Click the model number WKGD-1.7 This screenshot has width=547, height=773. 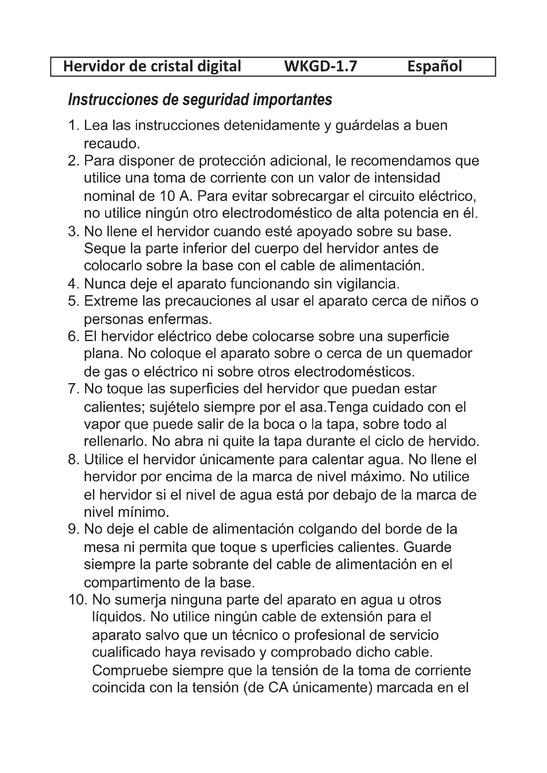(x=320, y=66)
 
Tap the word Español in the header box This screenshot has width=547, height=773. (x=435, y=66)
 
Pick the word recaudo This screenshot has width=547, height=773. (x=111, y=144)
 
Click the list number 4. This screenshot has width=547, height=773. (x=73, y=284)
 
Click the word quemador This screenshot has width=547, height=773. (x=439, y=354)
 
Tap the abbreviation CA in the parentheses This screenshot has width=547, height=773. (x=278, y=688)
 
